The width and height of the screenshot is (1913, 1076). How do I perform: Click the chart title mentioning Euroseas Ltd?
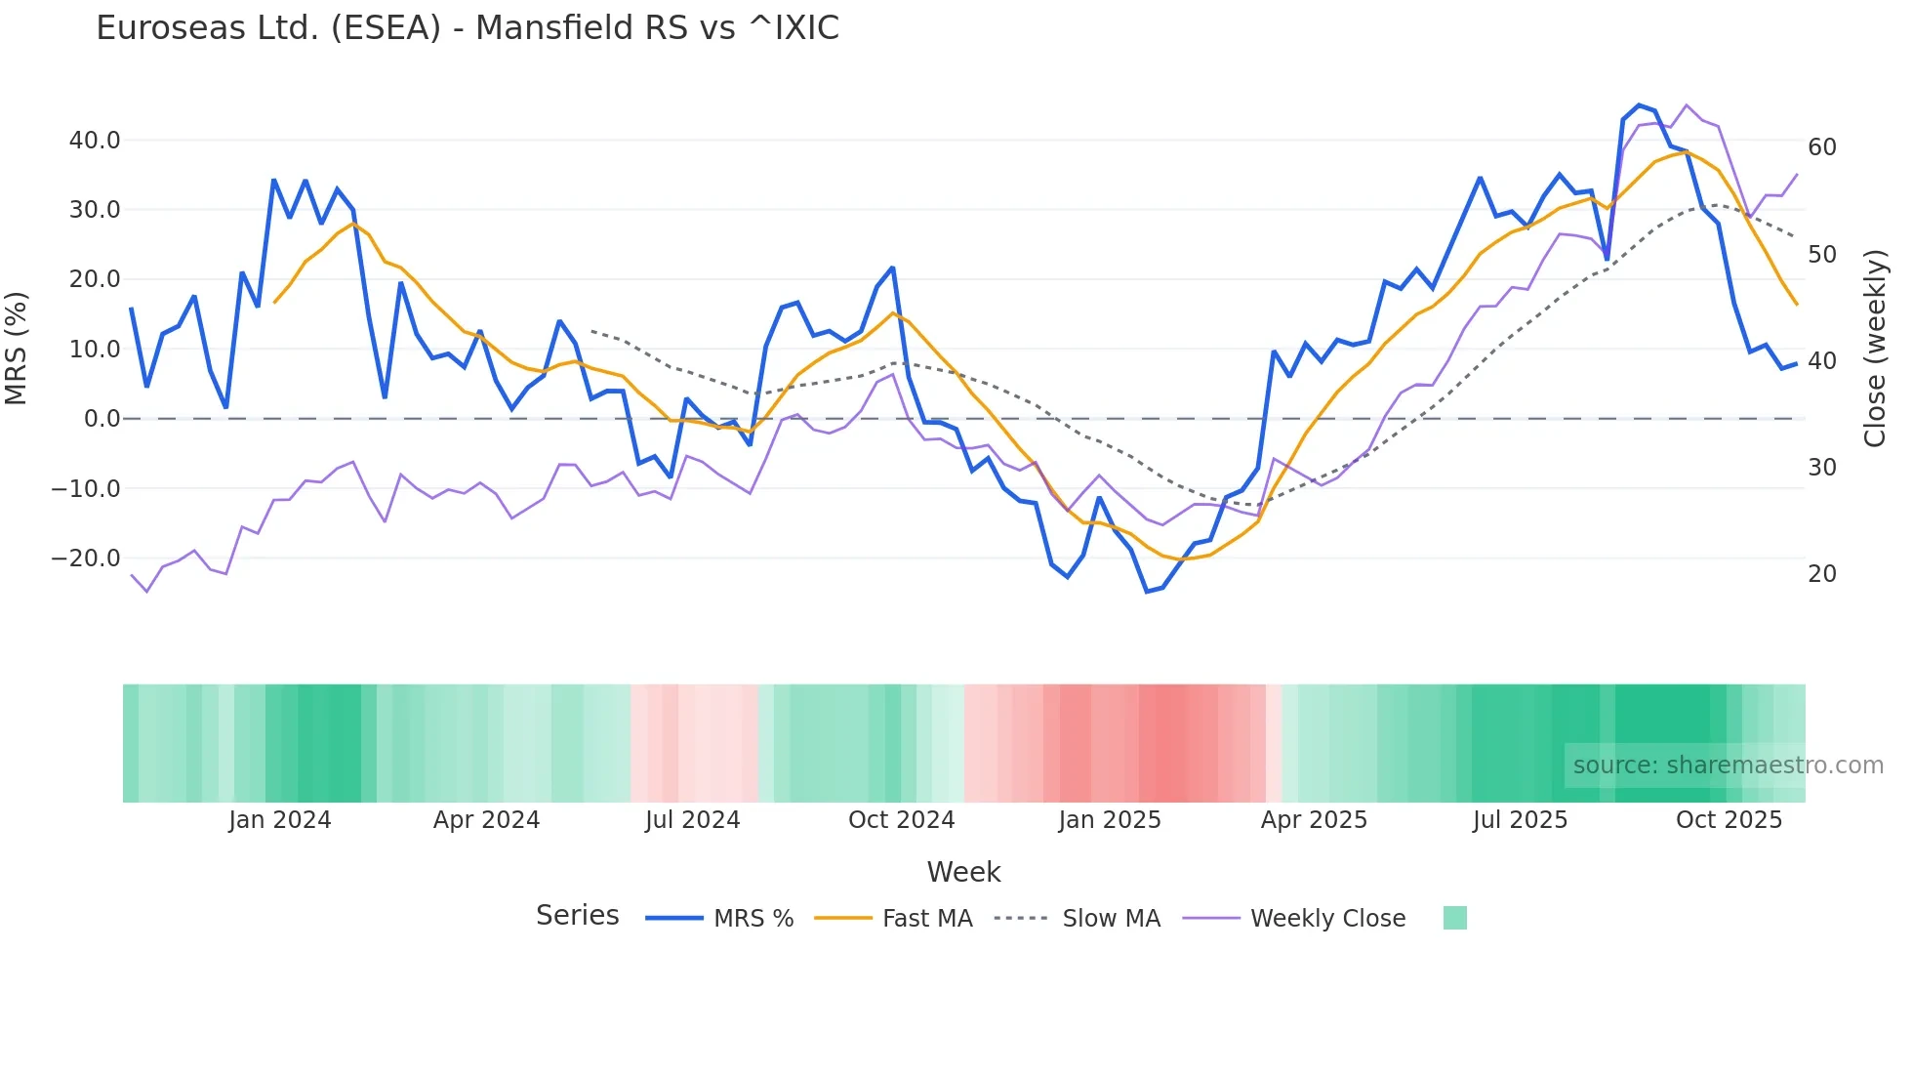point(468,28)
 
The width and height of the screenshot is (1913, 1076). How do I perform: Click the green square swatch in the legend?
point(1454,918)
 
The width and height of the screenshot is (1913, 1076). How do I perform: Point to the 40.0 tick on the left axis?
point(95,141)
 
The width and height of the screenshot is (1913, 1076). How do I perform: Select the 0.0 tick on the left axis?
point(102,419)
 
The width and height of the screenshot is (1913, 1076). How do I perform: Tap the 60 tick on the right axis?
point(1822,147)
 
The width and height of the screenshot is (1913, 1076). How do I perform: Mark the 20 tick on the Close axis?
point(1822,574)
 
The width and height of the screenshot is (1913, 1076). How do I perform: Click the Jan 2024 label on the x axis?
point(280,820)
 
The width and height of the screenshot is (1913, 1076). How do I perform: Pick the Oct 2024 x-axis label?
point(901,820)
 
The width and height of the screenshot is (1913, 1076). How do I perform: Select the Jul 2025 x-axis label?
point(1520,820)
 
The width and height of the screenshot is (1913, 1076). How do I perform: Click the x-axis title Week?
point(963,872)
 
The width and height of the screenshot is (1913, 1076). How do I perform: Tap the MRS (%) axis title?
point(17,348)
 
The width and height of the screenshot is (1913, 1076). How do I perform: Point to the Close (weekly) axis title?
point(1875,348)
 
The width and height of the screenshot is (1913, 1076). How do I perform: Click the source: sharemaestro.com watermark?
point(1728,766)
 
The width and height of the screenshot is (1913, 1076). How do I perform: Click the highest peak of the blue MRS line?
point(1639,105)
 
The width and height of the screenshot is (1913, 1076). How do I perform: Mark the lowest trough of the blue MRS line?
point(1147,592)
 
